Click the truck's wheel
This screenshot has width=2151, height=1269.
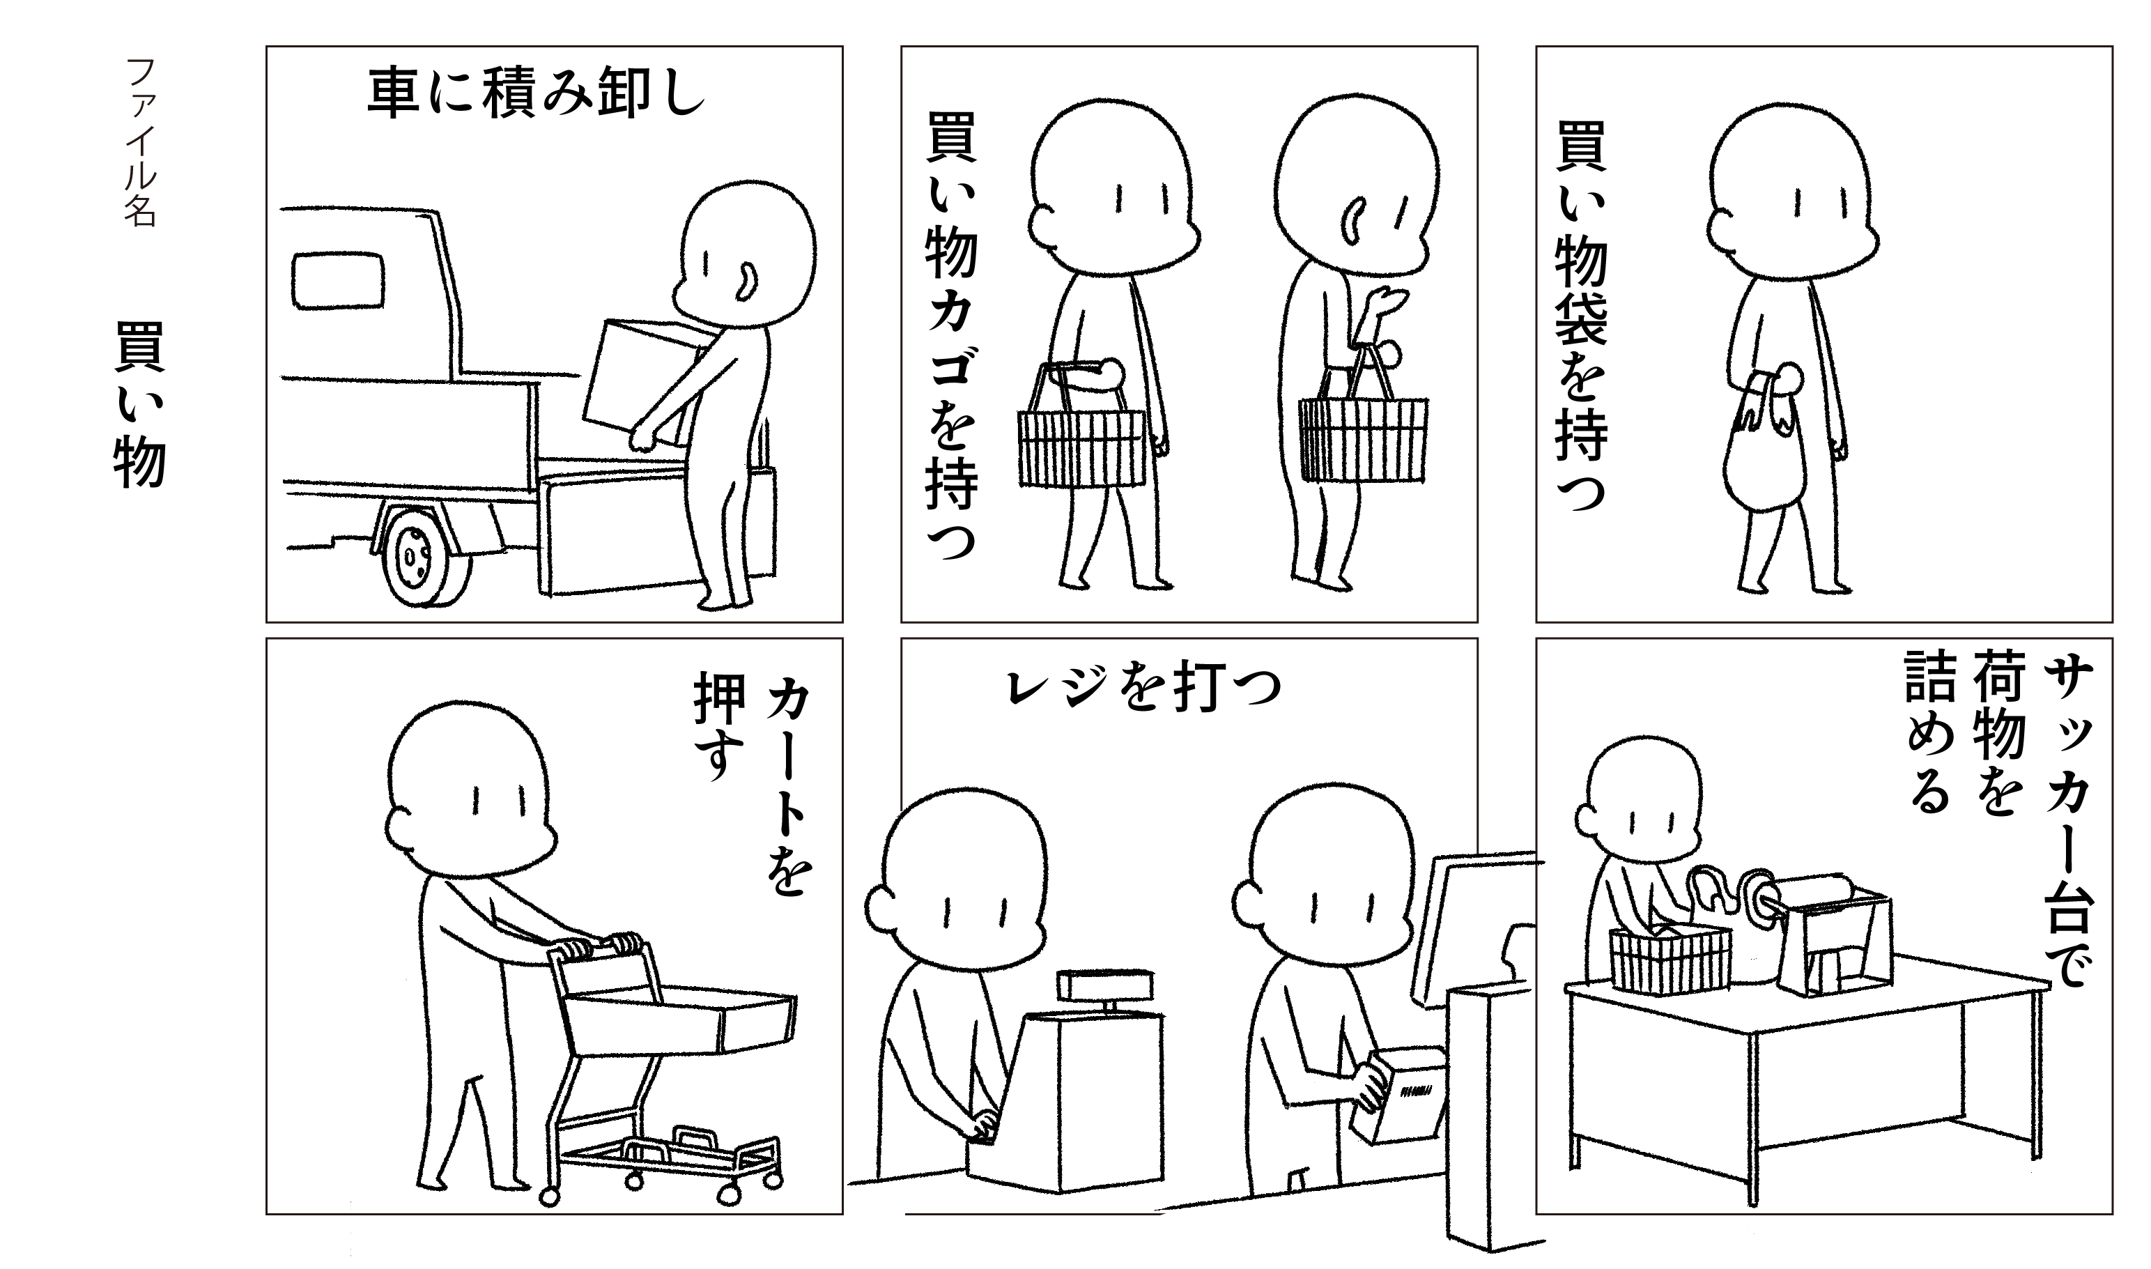click(426, 556)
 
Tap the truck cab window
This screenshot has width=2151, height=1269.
click(339, 279)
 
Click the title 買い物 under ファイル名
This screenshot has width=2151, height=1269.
click(140, 404)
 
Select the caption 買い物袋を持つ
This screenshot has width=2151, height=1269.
click(1582, 316)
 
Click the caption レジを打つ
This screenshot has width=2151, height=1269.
click(1144, 689)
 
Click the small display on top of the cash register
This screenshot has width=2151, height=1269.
click(1104, 984)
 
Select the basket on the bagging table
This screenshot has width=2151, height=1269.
click(1670, 961)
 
